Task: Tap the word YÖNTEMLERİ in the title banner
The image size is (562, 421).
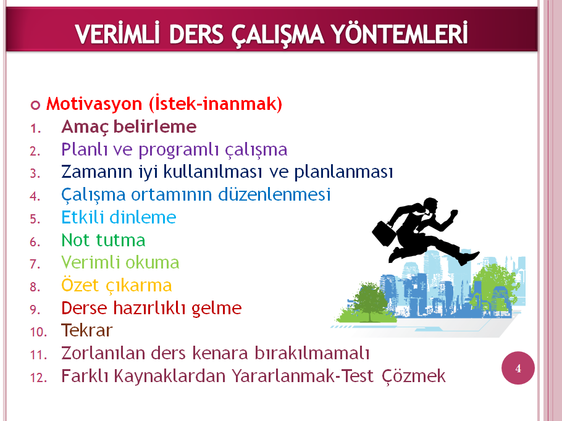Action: point(399,33)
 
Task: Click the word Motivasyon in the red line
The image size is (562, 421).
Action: point(94,104)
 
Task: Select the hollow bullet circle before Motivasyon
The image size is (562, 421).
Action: point(35,106)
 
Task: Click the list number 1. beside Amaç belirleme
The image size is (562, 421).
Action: point(35,128)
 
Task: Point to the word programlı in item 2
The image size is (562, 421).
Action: point(178,150)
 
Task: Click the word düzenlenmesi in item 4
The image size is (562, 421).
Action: point(274,194)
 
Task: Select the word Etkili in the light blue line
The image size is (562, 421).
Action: point(83,217)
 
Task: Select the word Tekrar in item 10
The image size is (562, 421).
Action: point(86,330)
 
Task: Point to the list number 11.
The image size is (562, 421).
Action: point(38,355)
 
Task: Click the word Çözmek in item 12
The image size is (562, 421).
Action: point(414,377)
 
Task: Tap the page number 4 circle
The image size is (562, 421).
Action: point(518,368)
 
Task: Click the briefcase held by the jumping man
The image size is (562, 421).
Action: point(384,233)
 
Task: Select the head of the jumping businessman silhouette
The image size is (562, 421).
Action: point(430,206)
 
